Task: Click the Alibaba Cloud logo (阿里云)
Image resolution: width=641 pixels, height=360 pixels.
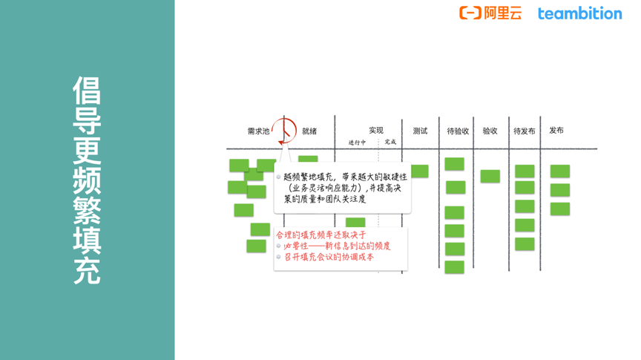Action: click(490, 13)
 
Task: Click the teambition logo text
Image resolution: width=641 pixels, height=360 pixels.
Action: click(579, 13)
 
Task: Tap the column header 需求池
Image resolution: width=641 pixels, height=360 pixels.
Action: click(258, 131)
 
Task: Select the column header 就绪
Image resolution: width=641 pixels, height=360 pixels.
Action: click(309, 131)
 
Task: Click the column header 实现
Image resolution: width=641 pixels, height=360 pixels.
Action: click(376, 131)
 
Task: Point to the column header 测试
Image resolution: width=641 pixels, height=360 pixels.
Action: click(420, 131)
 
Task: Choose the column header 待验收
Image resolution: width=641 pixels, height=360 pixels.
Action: click(458, 131)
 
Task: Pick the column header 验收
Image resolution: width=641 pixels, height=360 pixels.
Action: click(490, 131)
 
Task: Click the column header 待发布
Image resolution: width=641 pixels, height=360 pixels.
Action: click(524, 131)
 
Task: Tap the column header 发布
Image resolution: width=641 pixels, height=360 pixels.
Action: click(556, 130)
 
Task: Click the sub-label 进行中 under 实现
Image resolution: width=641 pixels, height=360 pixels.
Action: click(357, 143)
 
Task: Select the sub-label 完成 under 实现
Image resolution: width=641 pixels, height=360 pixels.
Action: click(390, 143)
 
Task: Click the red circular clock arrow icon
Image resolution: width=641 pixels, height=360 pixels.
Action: click(283, 131)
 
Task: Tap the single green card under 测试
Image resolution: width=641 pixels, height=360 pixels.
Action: click(420, 171)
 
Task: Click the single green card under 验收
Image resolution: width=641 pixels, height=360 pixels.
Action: click(490, 177)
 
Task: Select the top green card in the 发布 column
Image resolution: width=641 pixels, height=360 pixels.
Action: click(560, 171)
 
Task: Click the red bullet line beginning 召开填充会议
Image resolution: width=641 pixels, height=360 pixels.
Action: click(329, 258)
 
